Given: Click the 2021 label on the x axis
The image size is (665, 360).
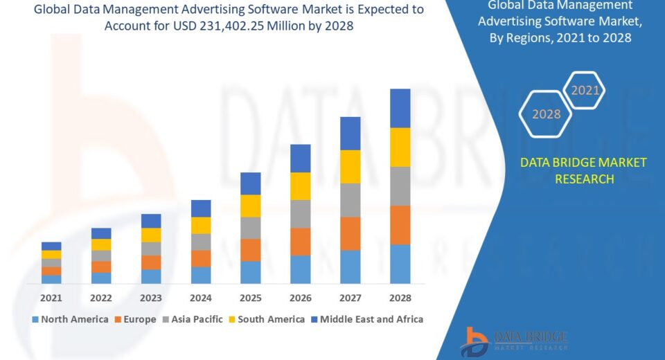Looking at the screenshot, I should click(51, 298).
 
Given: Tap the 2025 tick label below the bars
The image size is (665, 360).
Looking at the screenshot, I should click(251, 298).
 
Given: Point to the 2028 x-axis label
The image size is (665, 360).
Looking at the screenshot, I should click(400, 298).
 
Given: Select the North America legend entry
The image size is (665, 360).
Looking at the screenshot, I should click(70, 319).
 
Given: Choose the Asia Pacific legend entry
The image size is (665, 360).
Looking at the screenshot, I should click(193, 319).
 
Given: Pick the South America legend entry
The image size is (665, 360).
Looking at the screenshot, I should click(266, 319).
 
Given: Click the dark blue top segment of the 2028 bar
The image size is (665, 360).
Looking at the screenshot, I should click(400, 108).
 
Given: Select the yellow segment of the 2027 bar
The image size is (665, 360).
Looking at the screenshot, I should click(351, 166).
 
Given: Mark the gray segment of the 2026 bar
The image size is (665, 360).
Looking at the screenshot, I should click(301, 214).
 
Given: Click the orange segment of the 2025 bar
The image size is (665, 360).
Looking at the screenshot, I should click(251, 250).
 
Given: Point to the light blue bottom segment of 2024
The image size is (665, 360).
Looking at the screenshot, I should click(201, 275).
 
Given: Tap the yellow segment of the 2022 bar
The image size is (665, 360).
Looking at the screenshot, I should click(101, 244).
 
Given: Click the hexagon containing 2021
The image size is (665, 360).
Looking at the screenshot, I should click(584, 90).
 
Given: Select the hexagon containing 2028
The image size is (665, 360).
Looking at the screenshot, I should click(546, 114).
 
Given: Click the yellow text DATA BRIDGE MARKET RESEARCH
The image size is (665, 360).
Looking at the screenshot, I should click(583, 170).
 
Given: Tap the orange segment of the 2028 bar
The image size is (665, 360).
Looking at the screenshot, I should click(400, 225).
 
